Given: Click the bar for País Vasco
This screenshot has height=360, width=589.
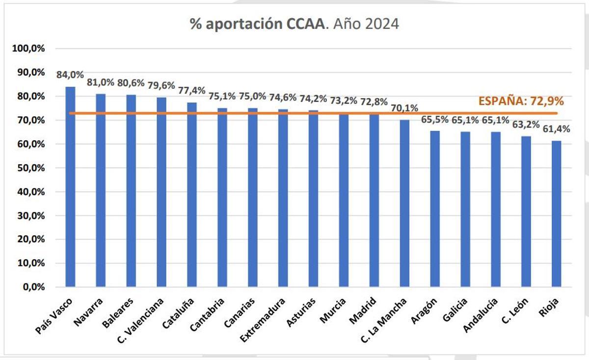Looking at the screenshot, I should pos(70,186).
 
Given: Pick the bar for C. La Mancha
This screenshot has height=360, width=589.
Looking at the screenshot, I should pos(404,203).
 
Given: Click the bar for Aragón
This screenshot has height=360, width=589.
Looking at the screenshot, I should pos(434,208).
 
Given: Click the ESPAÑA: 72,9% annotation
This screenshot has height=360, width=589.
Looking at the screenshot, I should pos(521,102).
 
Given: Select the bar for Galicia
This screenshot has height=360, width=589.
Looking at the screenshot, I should pos(465,209).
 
